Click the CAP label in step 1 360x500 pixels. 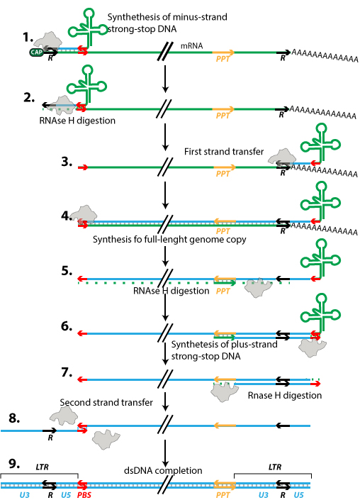[35, 52]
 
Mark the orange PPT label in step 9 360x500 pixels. [223, 495]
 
